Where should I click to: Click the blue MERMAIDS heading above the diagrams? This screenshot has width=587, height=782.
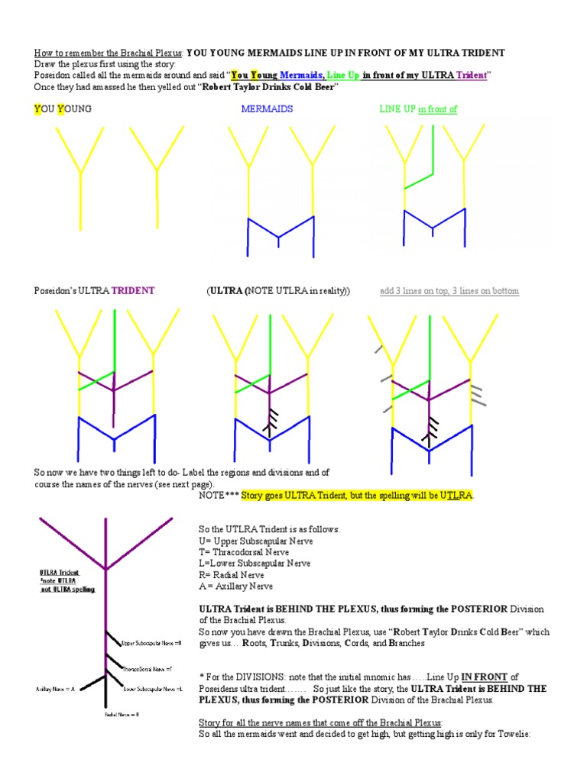267,109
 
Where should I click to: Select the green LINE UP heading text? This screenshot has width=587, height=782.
397,109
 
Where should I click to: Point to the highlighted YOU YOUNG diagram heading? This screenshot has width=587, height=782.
63,109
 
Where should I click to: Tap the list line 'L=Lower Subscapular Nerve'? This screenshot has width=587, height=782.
254,564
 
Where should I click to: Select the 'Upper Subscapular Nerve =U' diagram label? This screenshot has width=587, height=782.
151,644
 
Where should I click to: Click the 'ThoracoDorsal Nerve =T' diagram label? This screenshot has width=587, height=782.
154,668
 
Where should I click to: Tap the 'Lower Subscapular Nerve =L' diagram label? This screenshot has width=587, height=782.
153,689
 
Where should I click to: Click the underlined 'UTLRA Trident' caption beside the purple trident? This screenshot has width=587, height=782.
60,571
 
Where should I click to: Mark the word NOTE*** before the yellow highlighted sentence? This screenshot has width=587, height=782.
218,496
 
